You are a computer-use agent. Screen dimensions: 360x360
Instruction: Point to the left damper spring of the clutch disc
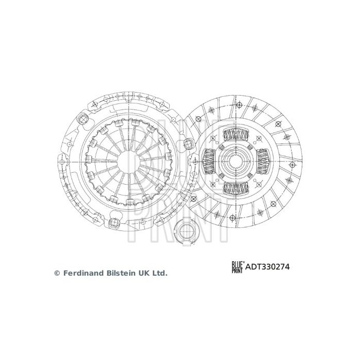(210, 161)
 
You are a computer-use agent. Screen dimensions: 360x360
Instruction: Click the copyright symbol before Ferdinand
(57, 274)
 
